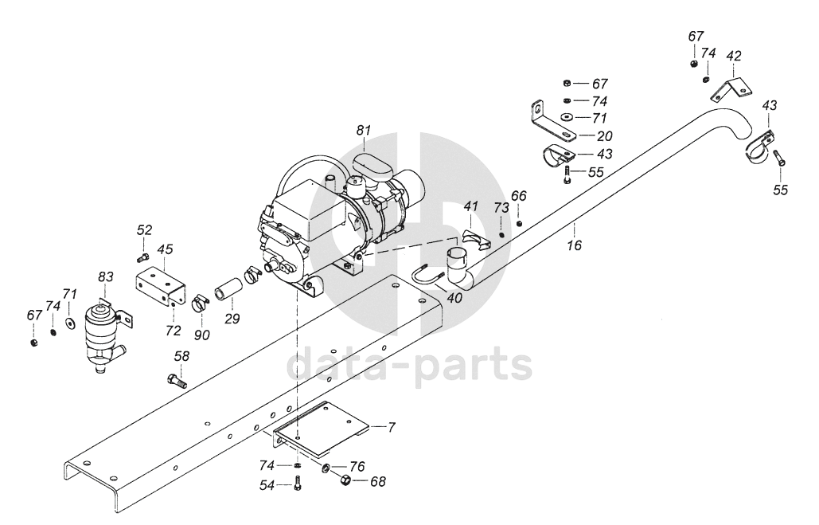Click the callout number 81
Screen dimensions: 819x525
coord(364,130)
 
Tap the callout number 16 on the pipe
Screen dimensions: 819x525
coord(574,246)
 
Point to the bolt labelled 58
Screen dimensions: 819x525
coord(176,380)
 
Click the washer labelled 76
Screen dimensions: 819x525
coord(328,466)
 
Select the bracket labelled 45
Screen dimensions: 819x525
coord(158,283)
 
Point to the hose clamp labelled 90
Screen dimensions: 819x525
coord(199,305)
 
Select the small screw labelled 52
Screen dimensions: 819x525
coord(142,257)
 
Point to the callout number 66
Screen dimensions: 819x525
coord(519,195)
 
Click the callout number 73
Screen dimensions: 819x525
coord(501,208)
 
